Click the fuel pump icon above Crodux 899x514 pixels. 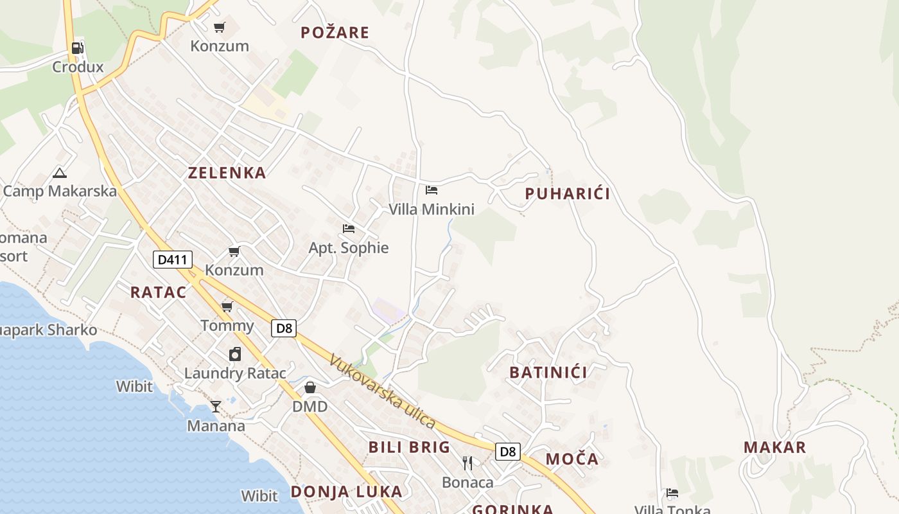(x=77, y=48)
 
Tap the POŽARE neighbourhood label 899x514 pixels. (x=335, y=33)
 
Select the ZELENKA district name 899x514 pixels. (x=227, y=172)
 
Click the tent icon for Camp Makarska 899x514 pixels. (x=60, y=173)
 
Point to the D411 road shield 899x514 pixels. (x=173, y=260)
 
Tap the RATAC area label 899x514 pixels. (x=158, y=292)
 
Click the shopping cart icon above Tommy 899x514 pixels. (x=227, y=306)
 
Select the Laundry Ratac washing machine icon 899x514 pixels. (x=235, y=354)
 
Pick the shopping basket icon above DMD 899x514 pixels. (x=310, y=387)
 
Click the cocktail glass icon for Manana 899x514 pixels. (x=216, y=407)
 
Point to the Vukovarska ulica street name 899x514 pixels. (x=383, y=392)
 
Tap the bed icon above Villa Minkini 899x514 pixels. (x=432, y=190)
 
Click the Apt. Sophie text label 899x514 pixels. (x=349, y=248)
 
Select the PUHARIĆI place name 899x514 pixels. (x=567, y=193)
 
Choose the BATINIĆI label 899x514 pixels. (x=548, y=372)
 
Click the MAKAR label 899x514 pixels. (x=774, y=447)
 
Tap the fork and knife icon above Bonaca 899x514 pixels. (x=467, y=463)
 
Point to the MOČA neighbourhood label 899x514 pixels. (x=572, y=459)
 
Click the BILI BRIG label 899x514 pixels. (x=409, y=447)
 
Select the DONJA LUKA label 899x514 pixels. (x=347, y=492)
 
